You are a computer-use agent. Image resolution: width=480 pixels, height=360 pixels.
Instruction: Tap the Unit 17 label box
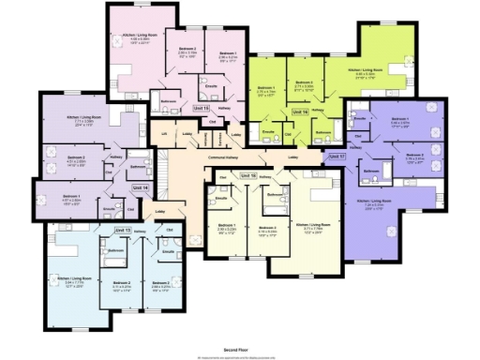click(x=337, y=157)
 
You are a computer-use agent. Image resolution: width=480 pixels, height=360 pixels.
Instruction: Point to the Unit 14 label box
click(x=140, y=187)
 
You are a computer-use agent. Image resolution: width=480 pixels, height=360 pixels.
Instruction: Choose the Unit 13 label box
click(x=123, y=230)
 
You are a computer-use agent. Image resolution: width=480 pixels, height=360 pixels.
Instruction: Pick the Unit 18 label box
click(x=247, y=175)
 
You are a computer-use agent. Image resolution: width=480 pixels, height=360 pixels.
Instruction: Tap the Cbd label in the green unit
click(x=289, y=135)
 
